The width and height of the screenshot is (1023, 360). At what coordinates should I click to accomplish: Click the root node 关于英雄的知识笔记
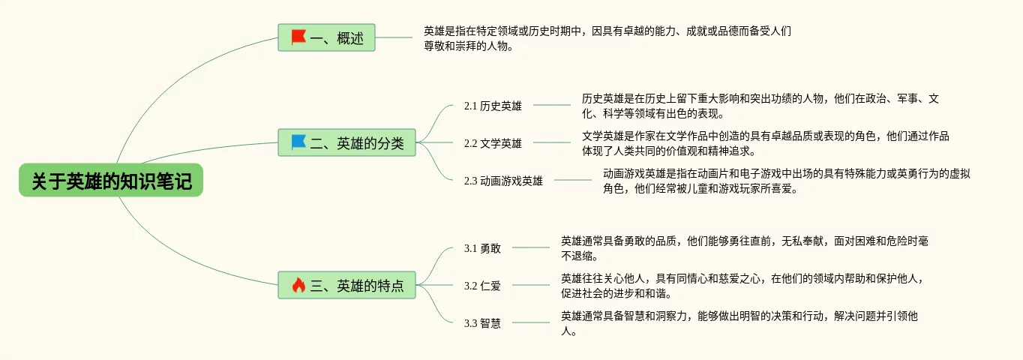111,181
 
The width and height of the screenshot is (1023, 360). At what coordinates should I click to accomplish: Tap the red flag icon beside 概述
298,37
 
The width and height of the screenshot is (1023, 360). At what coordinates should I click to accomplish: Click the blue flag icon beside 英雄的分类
298,142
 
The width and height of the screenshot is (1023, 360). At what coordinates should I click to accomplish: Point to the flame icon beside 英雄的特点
298,285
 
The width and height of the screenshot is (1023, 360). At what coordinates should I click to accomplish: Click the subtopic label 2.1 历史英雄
493,106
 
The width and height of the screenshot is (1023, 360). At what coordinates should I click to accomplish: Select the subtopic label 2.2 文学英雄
493,143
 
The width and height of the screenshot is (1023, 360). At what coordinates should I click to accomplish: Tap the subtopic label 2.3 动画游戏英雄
503,181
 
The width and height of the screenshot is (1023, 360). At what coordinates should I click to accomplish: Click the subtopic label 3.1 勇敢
482,248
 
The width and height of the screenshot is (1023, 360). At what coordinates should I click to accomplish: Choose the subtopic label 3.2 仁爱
482,286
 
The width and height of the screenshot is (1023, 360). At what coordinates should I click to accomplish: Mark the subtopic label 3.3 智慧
482,323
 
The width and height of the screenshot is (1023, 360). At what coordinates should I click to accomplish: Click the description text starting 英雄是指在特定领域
607,38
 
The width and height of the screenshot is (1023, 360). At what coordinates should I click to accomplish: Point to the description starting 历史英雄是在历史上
760,106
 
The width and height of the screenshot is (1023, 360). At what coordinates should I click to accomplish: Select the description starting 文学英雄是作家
765,143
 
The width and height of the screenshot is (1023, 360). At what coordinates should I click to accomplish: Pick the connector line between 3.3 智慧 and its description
530,322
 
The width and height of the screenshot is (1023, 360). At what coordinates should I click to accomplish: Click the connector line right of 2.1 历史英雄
551,105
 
